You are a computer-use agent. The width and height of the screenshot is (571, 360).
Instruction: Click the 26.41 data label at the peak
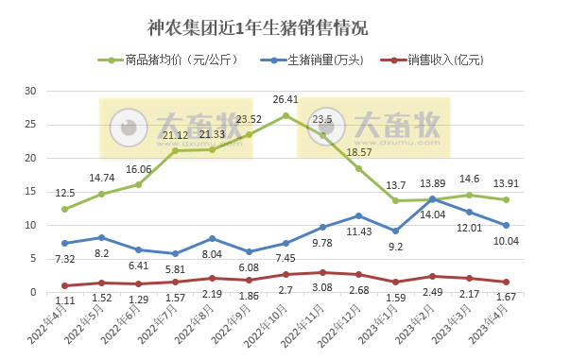click(x=285, y=98)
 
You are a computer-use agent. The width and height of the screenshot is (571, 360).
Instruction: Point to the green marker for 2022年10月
click(x=285, y=115)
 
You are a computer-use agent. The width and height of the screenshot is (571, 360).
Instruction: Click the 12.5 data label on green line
click(x=64, y=192)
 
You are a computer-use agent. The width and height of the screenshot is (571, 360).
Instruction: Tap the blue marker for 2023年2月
click(x=432, y=198)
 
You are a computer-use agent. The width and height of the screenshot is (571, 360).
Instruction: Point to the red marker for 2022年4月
click(x=64, y=285)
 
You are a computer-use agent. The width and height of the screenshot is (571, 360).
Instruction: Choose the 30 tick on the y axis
click(x=30, y=91)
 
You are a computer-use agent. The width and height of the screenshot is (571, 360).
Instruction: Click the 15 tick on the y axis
click(x=30, y=192)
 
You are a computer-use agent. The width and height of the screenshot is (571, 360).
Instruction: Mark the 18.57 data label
click(x=359, y=152)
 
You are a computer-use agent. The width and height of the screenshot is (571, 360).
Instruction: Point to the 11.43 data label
click(x=359, y=231)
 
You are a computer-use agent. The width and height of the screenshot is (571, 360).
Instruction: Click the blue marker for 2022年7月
click(x=175, y=253)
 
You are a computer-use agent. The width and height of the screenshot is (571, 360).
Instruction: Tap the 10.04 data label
click(x=507, y=241)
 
